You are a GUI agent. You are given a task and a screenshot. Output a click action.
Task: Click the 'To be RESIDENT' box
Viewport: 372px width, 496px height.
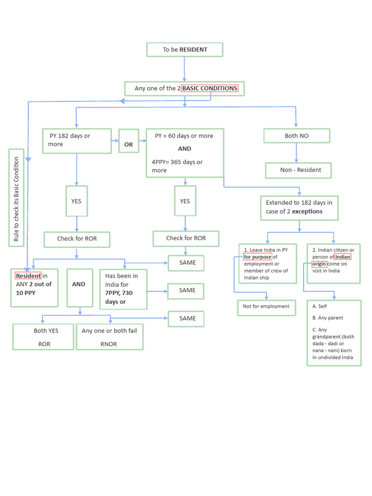(x=185, y=50)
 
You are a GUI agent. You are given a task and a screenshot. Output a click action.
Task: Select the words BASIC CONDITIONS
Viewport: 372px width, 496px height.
(x=210, y=89)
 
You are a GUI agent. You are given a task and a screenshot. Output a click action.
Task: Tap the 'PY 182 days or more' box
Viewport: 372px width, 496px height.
(x=77, y=140)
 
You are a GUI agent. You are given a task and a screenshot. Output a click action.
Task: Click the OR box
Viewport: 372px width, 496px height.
(x=128, y=145)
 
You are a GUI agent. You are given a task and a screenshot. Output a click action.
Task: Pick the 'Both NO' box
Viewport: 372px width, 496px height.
(x=296, y=136)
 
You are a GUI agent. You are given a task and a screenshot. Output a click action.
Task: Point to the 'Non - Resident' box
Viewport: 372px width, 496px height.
(x=298, y=170)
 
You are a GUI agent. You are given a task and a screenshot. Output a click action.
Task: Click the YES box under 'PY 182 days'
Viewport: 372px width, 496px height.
(x=77, y=201)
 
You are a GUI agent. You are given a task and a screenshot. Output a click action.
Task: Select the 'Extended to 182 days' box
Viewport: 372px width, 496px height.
(x=299, y=207)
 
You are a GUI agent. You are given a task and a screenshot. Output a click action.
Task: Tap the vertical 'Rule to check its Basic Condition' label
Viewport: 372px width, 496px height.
(x=16, y=198)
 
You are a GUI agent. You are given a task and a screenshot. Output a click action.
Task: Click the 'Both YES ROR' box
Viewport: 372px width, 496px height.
(x=43, y=337)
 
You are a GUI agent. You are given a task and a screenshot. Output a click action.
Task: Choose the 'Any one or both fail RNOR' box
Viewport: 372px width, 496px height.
(x=109, y=337)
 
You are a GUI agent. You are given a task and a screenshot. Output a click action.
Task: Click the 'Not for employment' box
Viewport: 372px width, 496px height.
(x=266, y=307)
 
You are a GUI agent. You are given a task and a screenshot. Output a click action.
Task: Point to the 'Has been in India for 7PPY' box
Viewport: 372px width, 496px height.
(x=123, y=289)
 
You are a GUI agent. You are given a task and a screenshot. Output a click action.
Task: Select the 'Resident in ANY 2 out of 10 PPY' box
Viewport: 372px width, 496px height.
(x=34, y=288)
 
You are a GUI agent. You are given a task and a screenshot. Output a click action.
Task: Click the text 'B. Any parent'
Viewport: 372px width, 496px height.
(x=328, y=318)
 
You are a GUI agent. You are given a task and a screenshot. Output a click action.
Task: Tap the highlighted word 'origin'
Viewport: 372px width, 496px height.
(x=319, y=264)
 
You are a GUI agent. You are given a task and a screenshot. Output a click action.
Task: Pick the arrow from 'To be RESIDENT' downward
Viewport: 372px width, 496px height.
(x=185, y=69)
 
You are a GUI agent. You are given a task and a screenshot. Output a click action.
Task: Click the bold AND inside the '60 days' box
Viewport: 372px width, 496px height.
(x=185, y=149)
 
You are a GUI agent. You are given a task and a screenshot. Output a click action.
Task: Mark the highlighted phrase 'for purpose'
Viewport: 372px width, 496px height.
(x=257, y=257)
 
